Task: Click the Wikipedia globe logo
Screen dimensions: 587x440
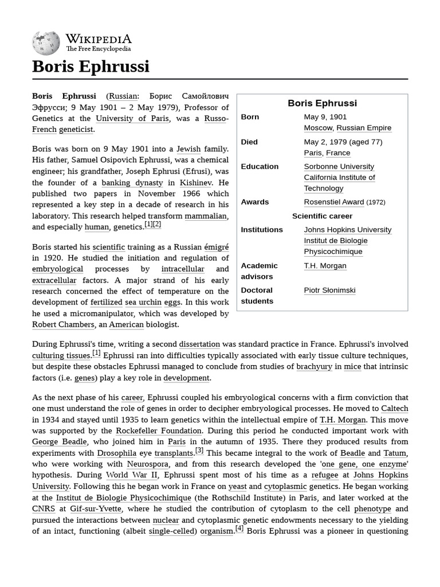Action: tap(46, 43)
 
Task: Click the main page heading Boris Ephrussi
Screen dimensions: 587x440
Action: tap(91, 66)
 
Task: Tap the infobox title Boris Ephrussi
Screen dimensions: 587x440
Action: tap(322, 103)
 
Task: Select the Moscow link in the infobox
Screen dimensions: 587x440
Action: tap(318, 128)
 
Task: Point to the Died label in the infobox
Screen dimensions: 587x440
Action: tap(249, 142)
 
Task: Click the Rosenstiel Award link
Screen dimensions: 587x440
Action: tap(333, 202)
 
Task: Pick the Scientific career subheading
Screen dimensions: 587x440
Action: tap(322, 216)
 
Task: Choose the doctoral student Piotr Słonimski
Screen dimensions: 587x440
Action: tap(329, 290)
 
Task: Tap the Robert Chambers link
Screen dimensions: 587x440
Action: tap(63, 324)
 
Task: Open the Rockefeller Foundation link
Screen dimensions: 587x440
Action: tap(159, 431)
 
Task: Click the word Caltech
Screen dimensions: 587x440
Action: tap(394, 409)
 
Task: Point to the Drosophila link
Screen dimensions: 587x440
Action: tap(117, 453)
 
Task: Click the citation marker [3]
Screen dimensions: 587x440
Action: tap(199, 451)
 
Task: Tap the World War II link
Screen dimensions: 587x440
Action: tap(131, 475)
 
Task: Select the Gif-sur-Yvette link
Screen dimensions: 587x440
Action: tap(96, 508)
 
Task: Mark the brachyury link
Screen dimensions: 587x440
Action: tap(314, 367)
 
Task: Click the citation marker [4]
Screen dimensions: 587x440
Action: tap(239, 529)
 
